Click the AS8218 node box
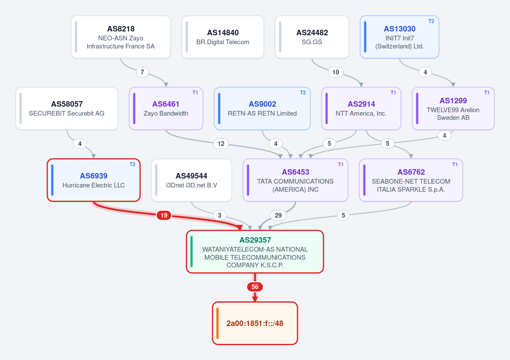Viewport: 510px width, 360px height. click(x=121, y=37)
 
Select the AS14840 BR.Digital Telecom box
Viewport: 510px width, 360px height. click(x=223, y=37)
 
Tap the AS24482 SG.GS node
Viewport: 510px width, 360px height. click(x=312, y=37)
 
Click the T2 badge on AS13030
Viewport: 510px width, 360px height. click(x=431, y=21)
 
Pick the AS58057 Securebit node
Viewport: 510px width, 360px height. click(x=67, y=108)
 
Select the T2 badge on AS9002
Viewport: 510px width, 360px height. click(x=303, y=93)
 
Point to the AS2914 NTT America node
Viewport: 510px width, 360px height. click(x=361, y=108)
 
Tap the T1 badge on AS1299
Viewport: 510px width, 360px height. click(x=487, y=93)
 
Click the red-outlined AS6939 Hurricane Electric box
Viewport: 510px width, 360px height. click(x=93, y=180)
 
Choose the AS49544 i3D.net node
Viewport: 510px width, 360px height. click(x=192, y=180)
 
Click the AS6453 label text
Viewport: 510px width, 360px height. click(x=295, y=172)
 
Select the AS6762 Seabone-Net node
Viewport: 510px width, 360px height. click(x=411, y=180)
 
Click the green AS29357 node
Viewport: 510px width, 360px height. click(x=255, y=252)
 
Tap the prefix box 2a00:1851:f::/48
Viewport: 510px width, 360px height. click(x=255, y=323)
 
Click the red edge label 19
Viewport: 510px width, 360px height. click(x=164, y=215)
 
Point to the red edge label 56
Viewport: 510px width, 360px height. click(x=255, y=286)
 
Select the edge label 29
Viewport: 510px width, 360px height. click(x=278, y=215)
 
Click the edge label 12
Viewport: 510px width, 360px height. click(x=221, y=144)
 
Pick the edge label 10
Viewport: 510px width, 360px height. click(x=336, y=72)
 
